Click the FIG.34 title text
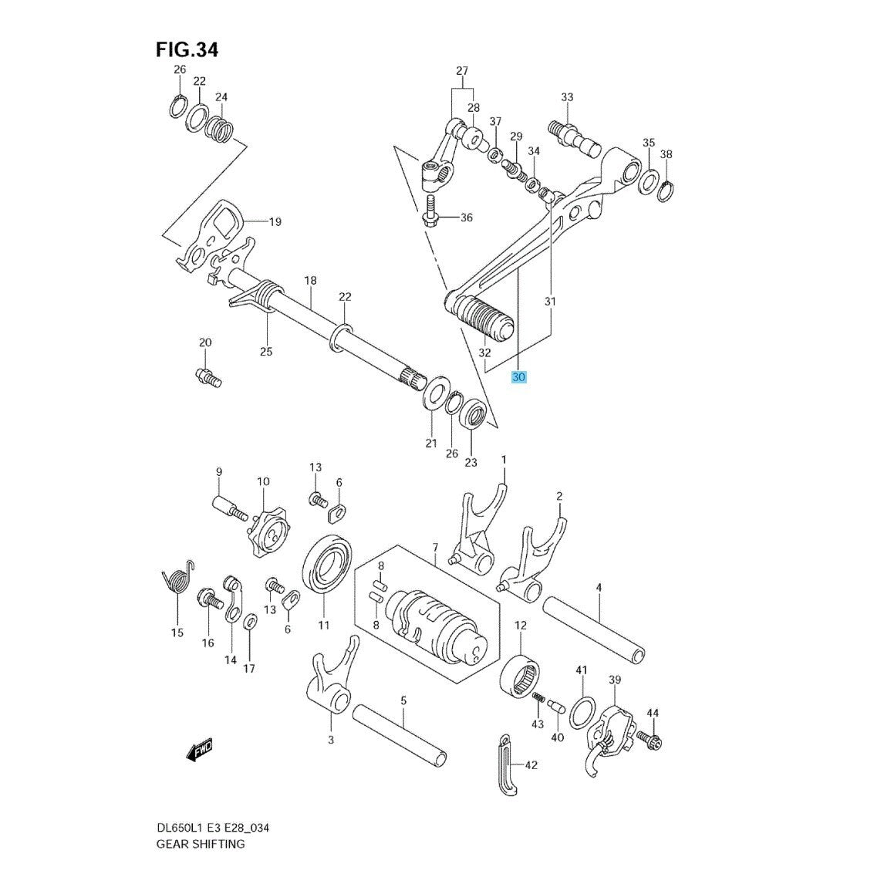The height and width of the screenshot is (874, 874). [187, 50]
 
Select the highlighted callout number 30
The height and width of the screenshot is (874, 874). [518, 377]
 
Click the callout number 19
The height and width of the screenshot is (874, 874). [275, 222]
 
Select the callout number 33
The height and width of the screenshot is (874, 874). [567, 97]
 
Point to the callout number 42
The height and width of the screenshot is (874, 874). [531, 765]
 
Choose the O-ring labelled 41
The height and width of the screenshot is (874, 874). [582, 710]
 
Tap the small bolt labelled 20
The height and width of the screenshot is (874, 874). [207, 376]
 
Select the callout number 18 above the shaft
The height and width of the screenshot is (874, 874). [310, 281]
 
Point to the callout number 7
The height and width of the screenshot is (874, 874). [435, 548]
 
